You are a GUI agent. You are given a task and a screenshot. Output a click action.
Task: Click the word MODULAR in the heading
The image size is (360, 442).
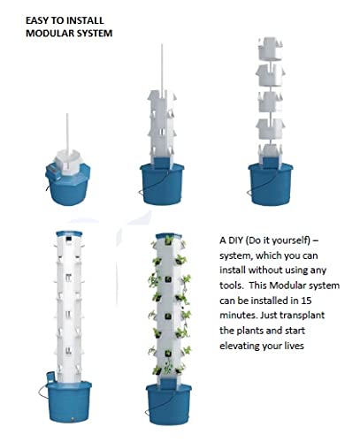[x=45, y=33]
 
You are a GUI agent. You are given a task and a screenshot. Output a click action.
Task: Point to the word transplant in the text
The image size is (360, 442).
[x=302, y=316]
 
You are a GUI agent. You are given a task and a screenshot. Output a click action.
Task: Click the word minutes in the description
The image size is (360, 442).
[x=238, y=316]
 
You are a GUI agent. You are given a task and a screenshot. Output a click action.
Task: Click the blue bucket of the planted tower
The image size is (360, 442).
[x=169, y=404]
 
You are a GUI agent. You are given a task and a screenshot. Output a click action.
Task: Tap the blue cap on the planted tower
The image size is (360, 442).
[x=168, y=235]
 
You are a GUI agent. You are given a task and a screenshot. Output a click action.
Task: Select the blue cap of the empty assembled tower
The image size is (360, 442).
[x=69, y=233]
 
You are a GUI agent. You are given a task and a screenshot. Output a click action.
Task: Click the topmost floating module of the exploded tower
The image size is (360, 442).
[x=271, y=49]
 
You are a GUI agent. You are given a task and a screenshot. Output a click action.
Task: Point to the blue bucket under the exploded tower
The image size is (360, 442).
[x=271, y=184]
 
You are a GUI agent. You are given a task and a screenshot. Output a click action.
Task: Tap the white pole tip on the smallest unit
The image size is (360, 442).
[x=67, y=115]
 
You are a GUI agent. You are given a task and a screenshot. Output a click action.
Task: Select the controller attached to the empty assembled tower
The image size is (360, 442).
[x=50, y=377]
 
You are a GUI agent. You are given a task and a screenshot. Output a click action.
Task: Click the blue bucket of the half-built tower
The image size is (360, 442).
[x=162, y=184]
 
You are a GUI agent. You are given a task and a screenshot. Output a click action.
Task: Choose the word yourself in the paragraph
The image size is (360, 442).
[x=291, y=240]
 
